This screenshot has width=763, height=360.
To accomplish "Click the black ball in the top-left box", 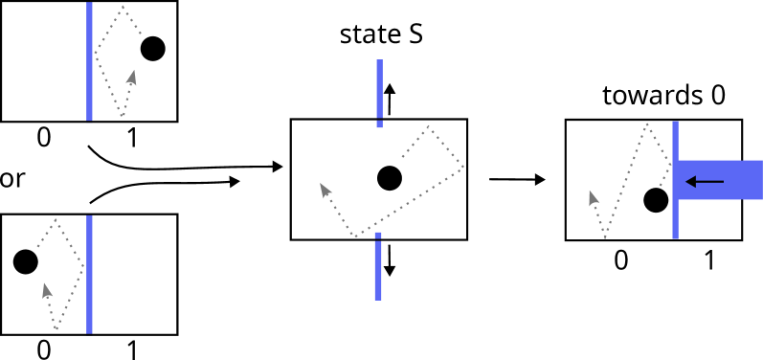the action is coord(153,49).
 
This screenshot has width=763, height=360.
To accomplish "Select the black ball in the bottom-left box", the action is coord(26,261).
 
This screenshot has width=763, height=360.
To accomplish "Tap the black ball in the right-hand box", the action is coord(656,200).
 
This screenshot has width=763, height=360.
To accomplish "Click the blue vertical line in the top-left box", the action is coord(89,61).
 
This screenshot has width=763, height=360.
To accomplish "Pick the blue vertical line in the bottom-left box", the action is coord(89,275).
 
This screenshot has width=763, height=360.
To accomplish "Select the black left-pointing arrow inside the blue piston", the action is coord(705,181).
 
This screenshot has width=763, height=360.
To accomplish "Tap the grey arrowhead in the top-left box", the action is coord(132,76).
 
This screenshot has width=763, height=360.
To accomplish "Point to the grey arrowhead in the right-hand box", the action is coord(593,197).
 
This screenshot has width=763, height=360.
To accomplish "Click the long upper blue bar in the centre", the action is coord(379,88).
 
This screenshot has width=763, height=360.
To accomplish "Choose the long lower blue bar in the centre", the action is coord(378,271).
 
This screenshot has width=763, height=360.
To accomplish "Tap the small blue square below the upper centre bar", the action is coord(379,124).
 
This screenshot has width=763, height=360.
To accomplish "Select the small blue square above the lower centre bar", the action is coord(378,235).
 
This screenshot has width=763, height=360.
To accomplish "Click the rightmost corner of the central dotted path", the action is coord(463,169).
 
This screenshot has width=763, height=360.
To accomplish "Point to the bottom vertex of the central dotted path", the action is coord(357,236).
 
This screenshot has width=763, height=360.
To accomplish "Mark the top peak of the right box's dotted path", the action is coord(648,124).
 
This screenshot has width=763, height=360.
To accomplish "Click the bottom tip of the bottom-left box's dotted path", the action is coord(56,328).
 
